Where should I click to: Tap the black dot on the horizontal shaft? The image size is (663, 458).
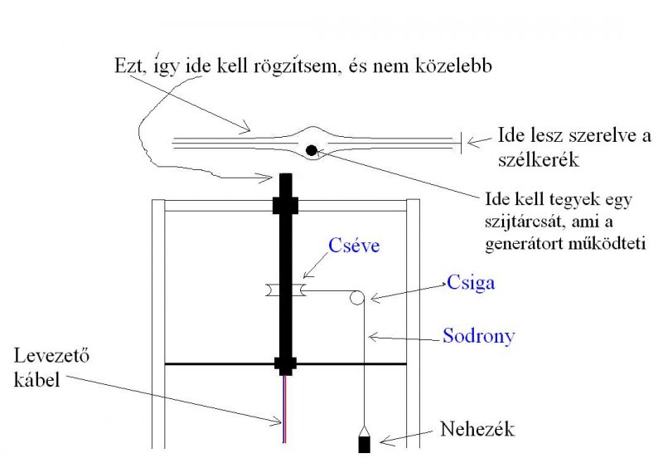(x=311, y=150)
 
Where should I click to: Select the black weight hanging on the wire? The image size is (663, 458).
(x=365, y=442)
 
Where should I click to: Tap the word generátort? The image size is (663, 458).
(x=524, y=245)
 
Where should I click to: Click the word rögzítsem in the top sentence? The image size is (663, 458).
(x=326, y=67)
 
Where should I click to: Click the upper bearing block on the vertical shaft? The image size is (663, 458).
(x=287, y=204)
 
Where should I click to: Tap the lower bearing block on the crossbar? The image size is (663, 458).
(x=287, y=363)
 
